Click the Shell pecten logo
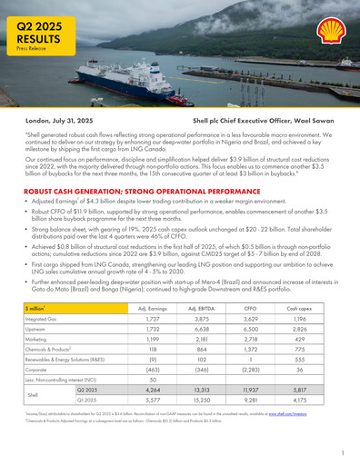330,34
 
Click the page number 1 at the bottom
343,451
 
